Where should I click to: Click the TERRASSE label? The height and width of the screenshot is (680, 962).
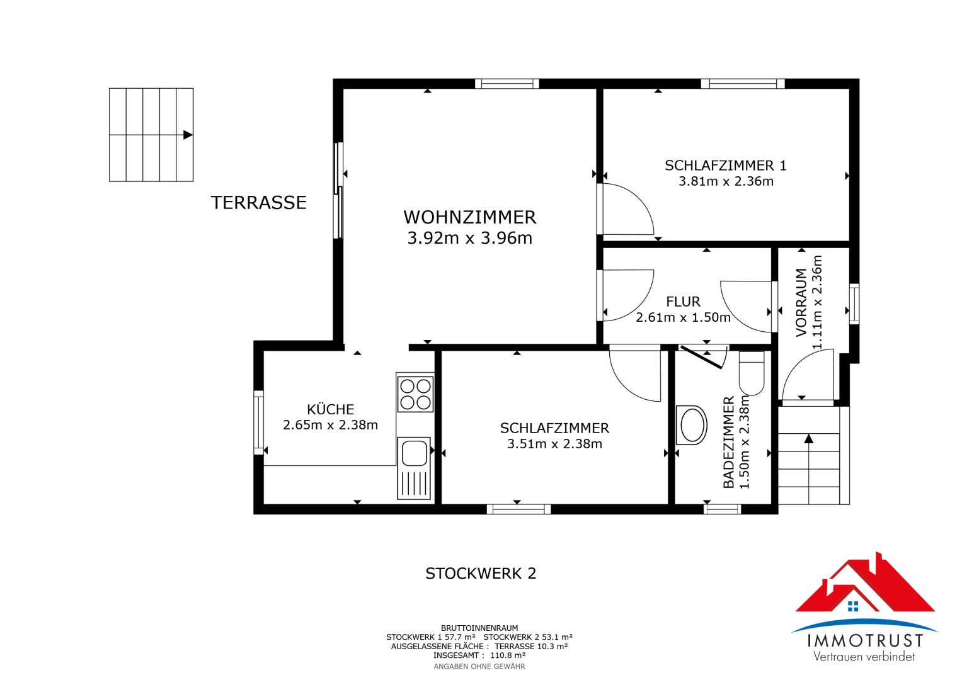point(258,203)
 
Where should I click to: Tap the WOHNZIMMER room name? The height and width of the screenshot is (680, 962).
point(470,217)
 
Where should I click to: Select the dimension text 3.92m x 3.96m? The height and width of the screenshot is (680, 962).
point(470,238)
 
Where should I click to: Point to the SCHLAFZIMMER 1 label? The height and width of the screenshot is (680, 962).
point(726,165)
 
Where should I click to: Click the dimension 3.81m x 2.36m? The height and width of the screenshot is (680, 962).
point(726,181)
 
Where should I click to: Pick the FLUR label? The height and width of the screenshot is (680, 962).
point(684,302)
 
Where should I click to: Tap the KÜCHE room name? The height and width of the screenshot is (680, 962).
point(330,409)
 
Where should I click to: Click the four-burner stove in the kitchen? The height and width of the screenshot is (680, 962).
point(415,394)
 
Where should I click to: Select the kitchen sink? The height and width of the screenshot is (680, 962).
point(413,468)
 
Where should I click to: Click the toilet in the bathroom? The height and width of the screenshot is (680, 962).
point(752,373)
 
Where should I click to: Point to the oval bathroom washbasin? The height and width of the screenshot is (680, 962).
point(692,425)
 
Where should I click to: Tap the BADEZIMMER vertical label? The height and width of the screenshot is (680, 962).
point(729,443)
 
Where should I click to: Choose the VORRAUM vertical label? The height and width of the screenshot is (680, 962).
point(801,303)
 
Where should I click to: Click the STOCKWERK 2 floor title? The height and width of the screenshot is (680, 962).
point(481,574)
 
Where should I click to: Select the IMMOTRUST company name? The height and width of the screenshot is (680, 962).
point(865,641)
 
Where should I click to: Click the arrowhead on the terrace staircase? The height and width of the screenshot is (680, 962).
point(188,135)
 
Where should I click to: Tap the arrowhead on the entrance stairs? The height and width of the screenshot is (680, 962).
point(809,438)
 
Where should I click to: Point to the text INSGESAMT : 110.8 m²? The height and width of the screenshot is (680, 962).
point(479,655)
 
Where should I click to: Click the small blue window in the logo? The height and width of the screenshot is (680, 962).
point(854,606)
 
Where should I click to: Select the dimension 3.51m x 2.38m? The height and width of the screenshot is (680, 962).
point(554,444)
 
